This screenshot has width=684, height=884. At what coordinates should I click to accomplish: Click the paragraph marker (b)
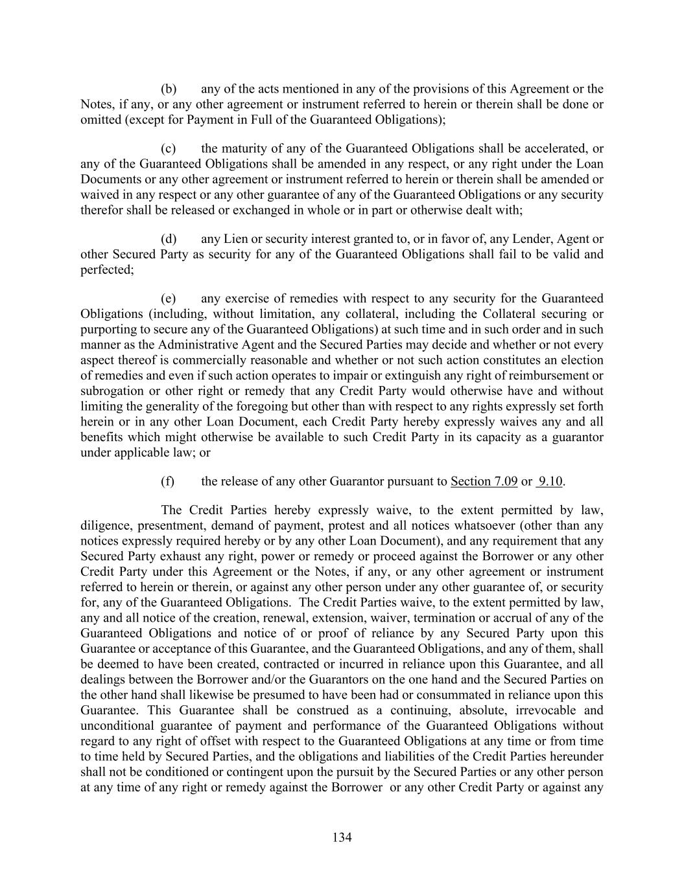169,89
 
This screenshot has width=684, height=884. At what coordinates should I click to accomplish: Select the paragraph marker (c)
169,148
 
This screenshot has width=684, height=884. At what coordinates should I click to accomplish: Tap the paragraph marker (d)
169,239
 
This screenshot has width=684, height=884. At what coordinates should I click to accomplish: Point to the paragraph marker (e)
169,299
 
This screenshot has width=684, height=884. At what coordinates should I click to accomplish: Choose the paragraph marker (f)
168,481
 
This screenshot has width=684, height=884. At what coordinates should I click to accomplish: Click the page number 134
342,837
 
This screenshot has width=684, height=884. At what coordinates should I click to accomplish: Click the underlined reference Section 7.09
484,481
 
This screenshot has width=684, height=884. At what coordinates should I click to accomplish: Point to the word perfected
106,270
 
